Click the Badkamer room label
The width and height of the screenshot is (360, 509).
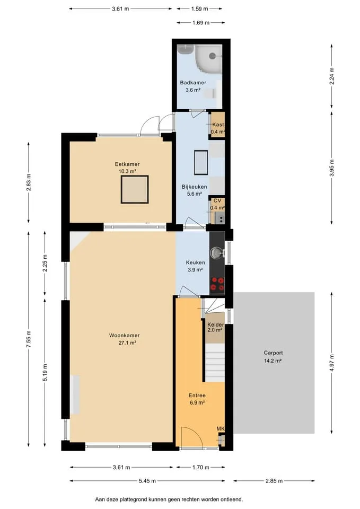point(193,83)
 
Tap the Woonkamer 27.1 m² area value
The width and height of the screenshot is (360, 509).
point(127,343)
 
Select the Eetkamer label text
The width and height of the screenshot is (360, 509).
point(127,164)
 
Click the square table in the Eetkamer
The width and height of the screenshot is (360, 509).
point(135,189)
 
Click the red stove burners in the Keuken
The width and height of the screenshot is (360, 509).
point(217,284)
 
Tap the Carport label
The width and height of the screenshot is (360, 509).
point(273,353)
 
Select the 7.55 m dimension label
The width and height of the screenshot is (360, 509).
point(29,339)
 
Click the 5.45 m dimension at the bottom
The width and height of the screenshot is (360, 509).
point(147,481)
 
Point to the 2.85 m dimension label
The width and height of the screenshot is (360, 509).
point(274,481)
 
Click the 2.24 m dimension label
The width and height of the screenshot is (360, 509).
point(331,76)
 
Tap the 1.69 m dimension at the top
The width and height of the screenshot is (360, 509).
point(200,23)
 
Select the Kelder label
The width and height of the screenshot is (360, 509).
point(216,324)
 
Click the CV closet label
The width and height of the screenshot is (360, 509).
point(217,200)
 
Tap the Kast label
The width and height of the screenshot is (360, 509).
point(218,124)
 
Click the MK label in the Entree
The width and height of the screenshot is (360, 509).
point(221,429)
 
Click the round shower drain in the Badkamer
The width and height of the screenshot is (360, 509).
point(212,56)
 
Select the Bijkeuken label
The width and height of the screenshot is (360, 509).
point(194,187)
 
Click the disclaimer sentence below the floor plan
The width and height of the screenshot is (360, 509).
point(169,499)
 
